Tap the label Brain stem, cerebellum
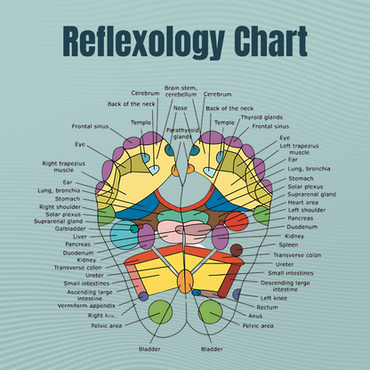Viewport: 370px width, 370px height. click(181, 92)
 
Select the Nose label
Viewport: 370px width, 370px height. click(180, 109)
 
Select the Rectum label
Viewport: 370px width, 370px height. click(267, 307)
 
